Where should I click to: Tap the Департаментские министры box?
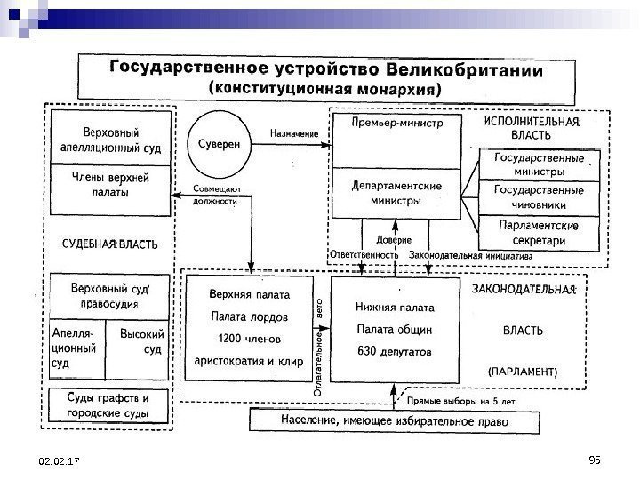(x=396, y=193)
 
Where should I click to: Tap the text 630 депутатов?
(x=394, y=351)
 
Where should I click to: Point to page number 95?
(x=596, y=459)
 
